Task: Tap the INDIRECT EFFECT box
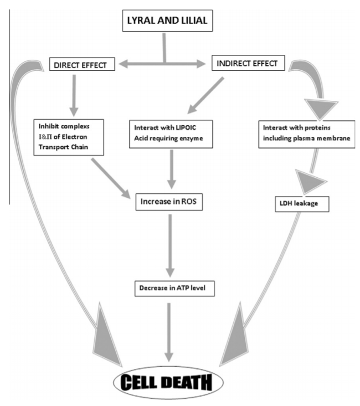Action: [x=249, y=64]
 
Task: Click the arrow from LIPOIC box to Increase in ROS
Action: [x=172, y=168]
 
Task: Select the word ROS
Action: [x=189, y=202]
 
